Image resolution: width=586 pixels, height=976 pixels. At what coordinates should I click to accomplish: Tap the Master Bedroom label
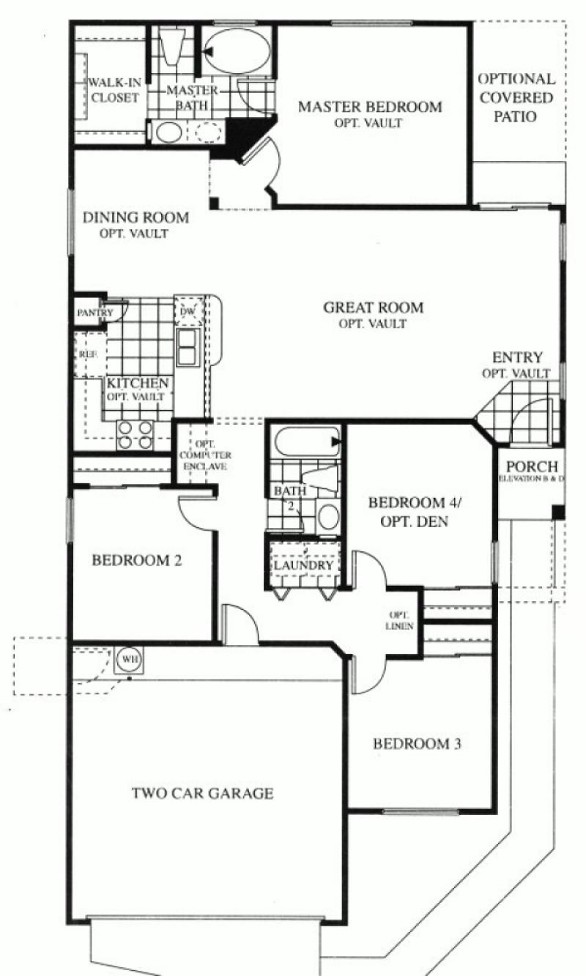tap(370, 107)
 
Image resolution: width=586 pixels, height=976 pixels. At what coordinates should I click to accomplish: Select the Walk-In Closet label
tap(114, 89)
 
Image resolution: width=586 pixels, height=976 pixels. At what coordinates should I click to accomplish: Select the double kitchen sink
tap(186, 346)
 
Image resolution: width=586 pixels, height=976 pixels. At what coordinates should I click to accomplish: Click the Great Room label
tap(374, 308)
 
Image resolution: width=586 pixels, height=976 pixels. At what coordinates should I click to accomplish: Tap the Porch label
tap(532, 466)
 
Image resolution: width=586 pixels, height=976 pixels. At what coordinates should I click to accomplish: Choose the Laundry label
tap(303, 565)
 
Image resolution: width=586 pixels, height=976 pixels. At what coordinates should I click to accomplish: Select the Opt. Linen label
tap(401, 620)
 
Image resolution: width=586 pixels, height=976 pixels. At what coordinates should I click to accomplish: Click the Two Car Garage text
tap(203, 793)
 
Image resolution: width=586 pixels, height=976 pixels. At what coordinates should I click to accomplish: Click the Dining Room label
tap(136, 217)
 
